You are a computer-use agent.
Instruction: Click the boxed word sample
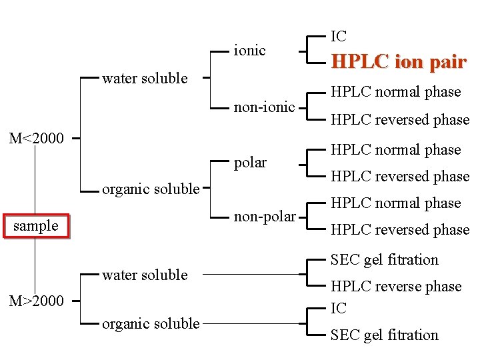(x=36, y=225)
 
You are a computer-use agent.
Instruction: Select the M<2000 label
(x=37, y=139)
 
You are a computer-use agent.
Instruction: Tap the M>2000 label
(x=37, y=301)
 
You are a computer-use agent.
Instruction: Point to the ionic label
(x=249, y=50)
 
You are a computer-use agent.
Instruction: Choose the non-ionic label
(x=264, y=107)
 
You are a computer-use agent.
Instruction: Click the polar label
(x=250, y=162)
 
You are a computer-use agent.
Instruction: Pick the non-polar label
(x=265, y=216)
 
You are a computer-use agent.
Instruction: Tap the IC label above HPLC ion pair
(x=339, y=36)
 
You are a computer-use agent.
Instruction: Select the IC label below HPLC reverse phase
(x=339, y=308)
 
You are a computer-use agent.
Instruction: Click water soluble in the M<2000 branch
(x=145, y=78)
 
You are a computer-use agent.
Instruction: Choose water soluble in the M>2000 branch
(x=145, y=275)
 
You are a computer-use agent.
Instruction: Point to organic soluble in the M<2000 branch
(x=151, y=189)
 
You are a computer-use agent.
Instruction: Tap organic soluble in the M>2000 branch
(x=151, y=323)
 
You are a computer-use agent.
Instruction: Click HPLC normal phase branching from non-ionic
(x=396, y=91)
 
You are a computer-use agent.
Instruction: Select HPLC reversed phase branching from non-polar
(x=400, y=229)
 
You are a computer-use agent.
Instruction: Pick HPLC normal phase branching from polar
(x=396, y=149)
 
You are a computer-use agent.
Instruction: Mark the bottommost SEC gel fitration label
(x=385, y=335)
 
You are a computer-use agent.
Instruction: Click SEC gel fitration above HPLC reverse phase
(x=385, y=259)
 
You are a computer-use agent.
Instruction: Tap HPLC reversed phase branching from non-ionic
(x=400, y=119)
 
